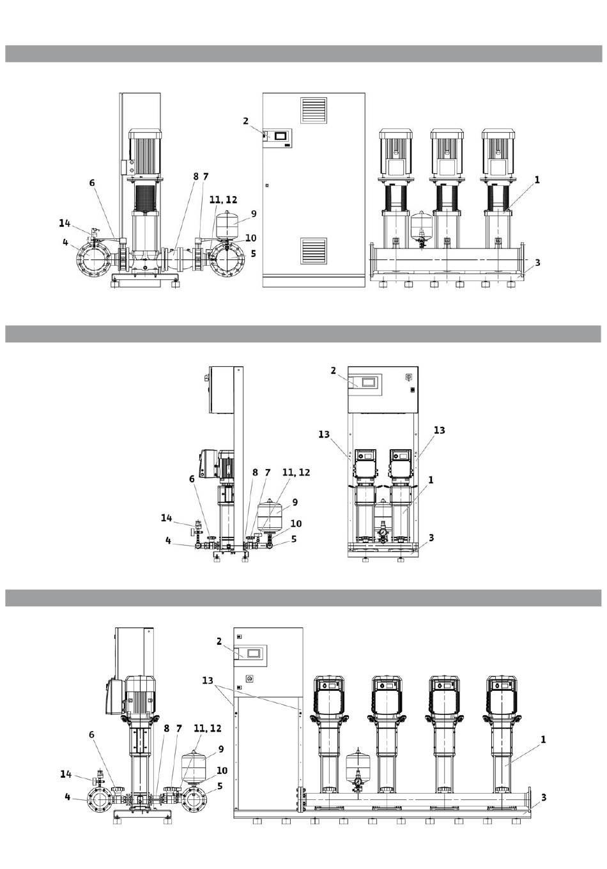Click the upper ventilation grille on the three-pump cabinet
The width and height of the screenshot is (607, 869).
pyautogui.click(x=313, y=110)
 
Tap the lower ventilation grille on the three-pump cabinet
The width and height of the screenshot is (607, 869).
pyautogui.click(x=313, y=250)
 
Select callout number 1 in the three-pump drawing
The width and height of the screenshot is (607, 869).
pyautogui.click(x=537, y=180)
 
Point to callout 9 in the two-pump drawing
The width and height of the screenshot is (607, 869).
pyautogui.click(x=295, y=502)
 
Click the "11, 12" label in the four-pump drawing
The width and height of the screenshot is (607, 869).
pyautogui.click(x=208, y=728)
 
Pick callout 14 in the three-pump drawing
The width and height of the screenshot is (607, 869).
pyautogui.click(x=65, y=223)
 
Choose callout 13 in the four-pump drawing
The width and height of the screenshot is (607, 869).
pyautogui.click(x=208, y=681)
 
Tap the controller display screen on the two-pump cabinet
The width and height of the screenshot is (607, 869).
pyautogui.click(x=367, y=382)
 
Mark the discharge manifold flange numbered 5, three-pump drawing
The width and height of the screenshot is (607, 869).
pyautogui.click(x=227, y=258)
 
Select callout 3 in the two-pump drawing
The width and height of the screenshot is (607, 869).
pyautogui.click(x=431, y=538)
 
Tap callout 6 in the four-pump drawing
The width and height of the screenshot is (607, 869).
pyautogui.click(x=91, y=734)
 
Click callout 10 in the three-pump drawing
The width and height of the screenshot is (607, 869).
pyautogui.click(x=250, y=238)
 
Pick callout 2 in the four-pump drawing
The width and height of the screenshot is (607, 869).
pyautogui.click(x=219, y=642)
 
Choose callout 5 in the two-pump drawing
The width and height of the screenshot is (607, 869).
pyautogui.click(x=294, y=539)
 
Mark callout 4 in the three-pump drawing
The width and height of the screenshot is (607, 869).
pyautogui.click(x=65, y=242)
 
